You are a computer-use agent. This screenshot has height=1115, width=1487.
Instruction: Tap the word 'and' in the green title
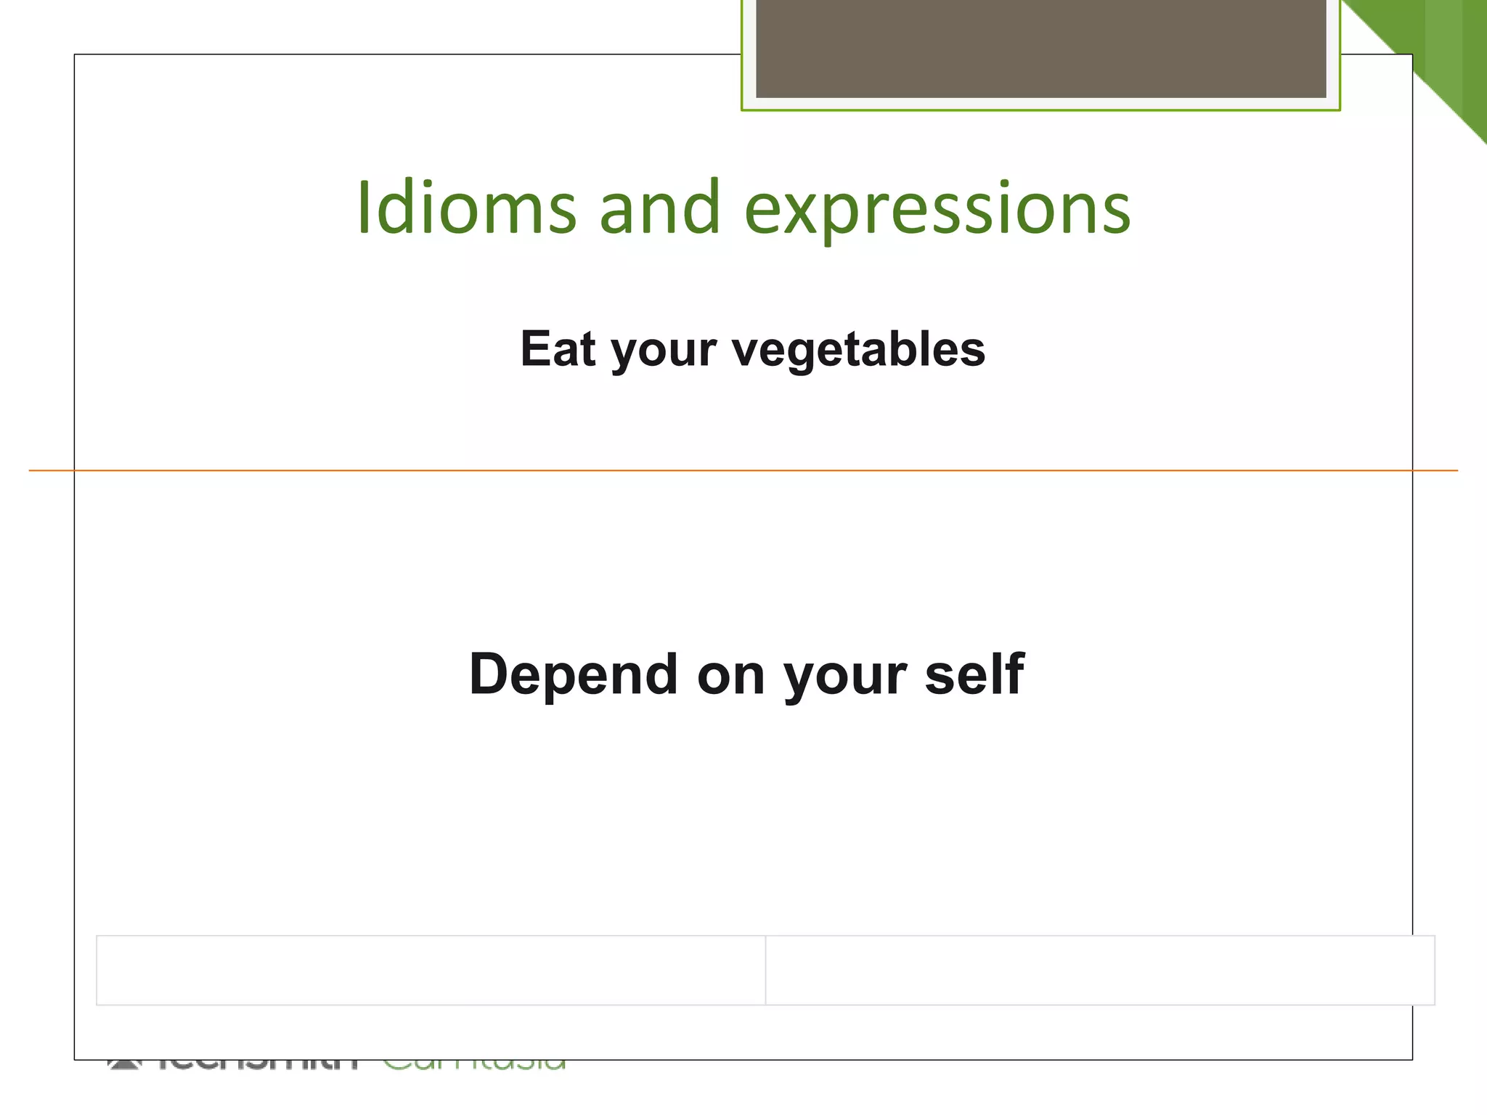point(660,208)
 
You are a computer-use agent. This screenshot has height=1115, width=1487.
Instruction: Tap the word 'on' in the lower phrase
point(730,676)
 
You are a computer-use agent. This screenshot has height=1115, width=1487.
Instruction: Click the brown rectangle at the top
point(1040,48)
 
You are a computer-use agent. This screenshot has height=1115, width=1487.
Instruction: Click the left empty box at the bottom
point(431,970)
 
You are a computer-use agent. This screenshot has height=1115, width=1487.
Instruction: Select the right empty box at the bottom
point(1100,970)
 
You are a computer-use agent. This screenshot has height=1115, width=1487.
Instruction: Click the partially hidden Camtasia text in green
point(474,1064)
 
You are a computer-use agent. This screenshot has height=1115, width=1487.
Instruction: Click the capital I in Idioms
point(364,208)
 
